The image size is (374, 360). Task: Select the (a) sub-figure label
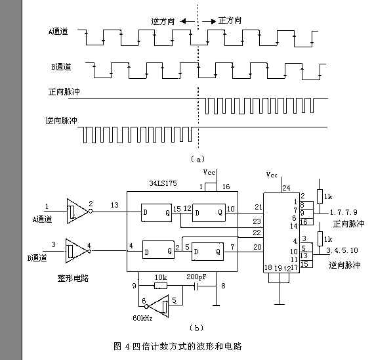tap(197, 159)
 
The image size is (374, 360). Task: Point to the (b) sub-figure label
tap(197, 328)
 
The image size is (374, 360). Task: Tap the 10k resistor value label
tap(160, 278)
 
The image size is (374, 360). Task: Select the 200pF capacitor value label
tap(196, 278)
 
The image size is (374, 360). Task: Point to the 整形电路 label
tap(73, 278)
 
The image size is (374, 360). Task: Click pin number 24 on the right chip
tap(285, 188)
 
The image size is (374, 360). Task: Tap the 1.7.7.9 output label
tap(344, 212)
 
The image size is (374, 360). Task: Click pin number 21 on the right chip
tap(257, 208)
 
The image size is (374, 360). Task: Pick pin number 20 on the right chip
tap(257, 246)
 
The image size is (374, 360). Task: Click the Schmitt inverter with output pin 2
tap(78, 210)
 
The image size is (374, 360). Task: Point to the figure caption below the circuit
tap(178, 346)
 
